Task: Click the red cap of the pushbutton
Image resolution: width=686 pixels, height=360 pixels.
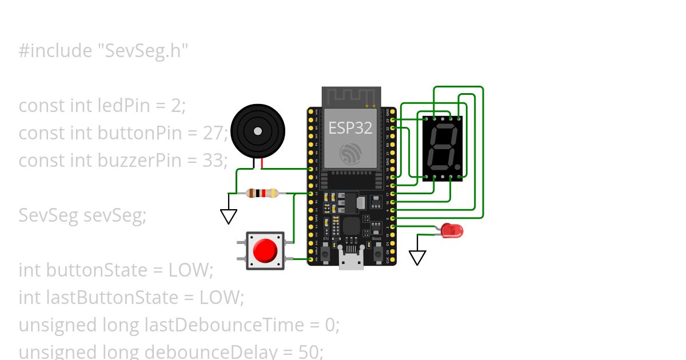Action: point(265,250)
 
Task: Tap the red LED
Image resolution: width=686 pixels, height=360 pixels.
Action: point(453,231)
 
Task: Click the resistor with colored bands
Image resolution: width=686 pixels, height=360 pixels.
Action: point(262,193)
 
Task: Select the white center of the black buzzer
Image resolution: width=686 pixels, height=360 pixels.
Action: point(258,131)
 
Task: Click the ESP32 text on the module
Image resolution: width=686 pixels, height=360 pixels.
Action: point(350,127)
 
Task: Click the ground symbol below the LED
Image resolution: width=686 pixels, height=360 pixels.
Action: point(418,258)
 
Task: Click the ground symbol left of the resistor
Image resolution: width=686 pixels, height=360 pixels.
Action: point(229,216)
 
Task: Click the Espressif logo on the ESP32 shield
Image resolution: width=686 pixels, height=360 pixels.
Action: point(350,153)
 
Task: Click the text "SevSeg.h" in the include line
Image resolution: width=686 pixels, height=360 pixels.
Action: point(142,51)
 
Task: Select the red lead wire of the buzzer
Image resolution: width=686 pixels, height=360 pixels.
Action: point(262,164)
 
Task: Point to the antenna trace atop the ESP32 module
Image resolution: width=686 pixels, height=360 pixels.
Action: point(351,97)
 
